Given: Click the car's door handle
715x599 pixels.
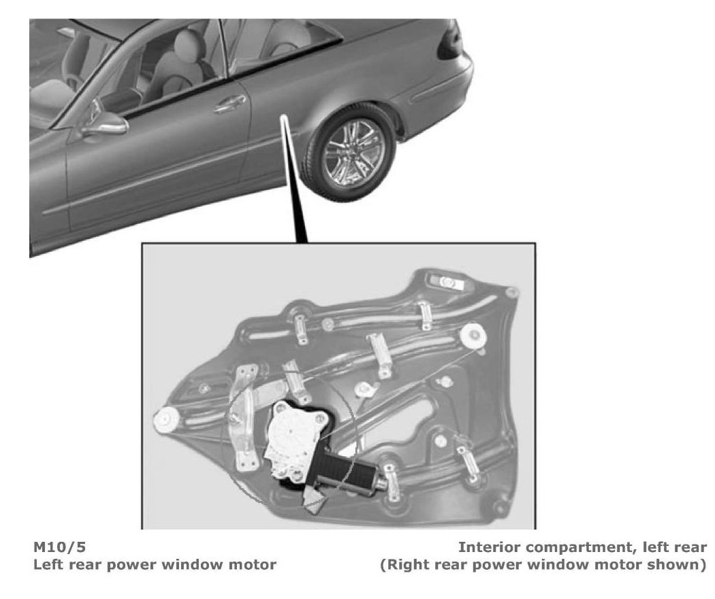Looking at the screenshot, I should (230, 103).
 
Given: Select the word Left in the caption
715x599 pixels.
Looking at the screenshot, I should (49, 564).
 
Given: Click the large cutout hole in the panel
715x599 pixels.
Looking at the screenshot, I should (409, 422).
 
